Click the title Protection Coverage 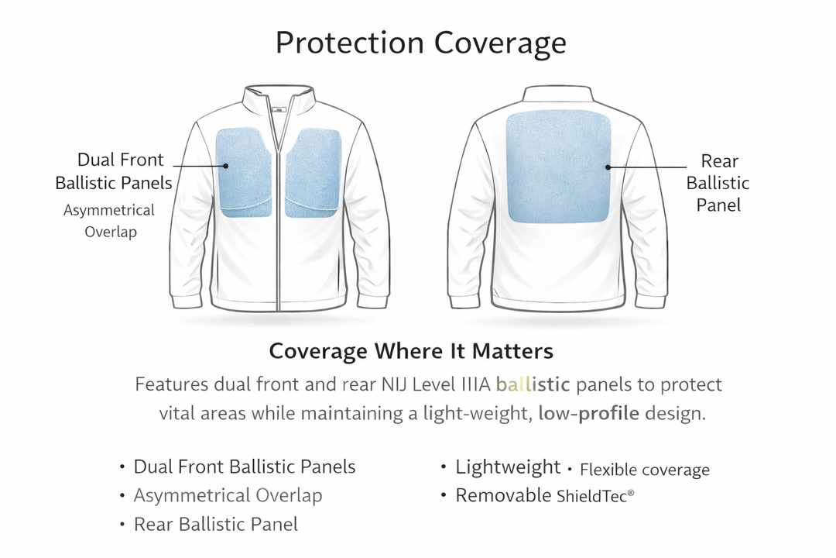(420, 43)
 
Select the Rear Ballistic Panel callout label (718, 183)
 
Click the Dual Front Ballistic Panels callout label (114, 171)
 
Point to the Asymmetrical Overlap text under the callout (110, 220)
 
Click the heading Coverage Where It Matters (411, 351)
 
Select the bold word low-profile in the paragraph (588, 413)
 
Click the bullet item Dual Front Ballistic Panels (245, 467)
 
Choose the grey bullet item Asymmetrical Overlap (228, 495)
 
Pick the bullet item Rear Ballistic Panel (215, 524)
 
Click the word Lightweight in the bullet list (508, 467)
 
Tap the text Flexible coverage (644, 470)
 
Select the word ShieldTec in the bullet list (592, 496)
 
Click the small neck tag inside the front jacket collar (278, 110)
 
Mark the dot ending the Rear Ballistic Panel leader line (608, 166)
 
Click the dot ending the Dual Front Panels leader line (226, 165)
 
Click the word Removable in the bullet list (503, 495)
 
